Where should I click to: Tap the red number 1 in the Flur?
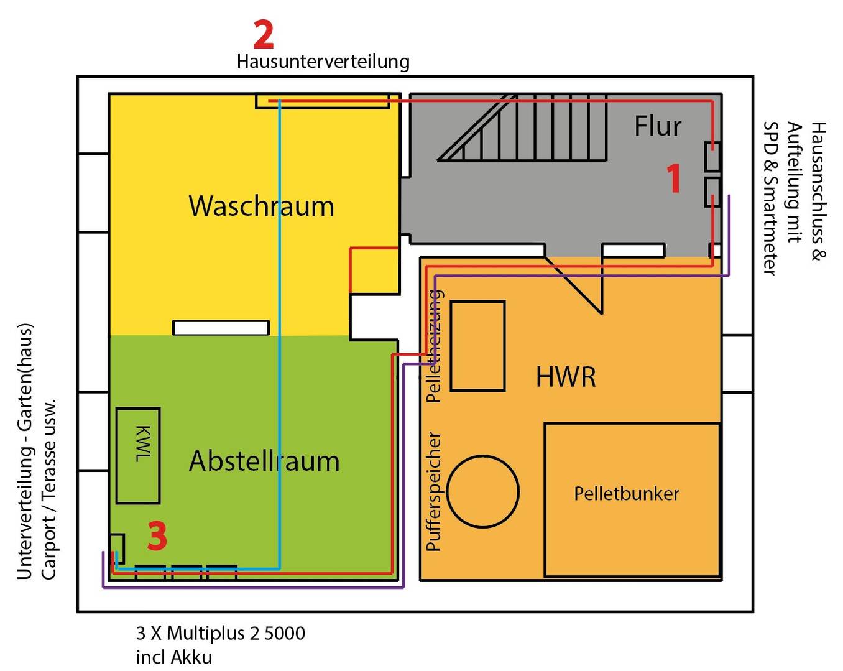point(674,178)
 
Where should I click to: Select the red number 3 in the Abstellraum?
point(157,536)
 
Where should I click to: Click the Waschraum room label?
point(261,206)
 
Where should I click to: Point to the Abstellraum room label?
point(264,461)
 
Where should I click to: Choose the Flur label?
point(658,126)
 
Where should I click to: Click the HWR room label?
point(566,377)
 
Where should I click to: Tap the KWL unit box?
point(138,455)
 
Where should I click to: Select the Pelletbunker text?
point(627,494)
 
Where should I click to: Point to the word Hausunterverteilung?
point(323,62)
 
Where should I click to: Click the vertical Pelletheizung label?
point(434,346)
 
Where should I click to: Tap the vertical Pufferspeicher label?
point(434,491)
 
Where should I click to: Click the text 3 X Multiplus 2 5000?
point(221,634)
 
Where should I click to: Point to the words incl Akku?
point(174,657)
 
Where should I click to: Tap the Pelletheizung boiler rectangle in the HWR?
point(477,346)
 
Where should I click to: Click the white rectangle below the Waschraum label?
point(221,328)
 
